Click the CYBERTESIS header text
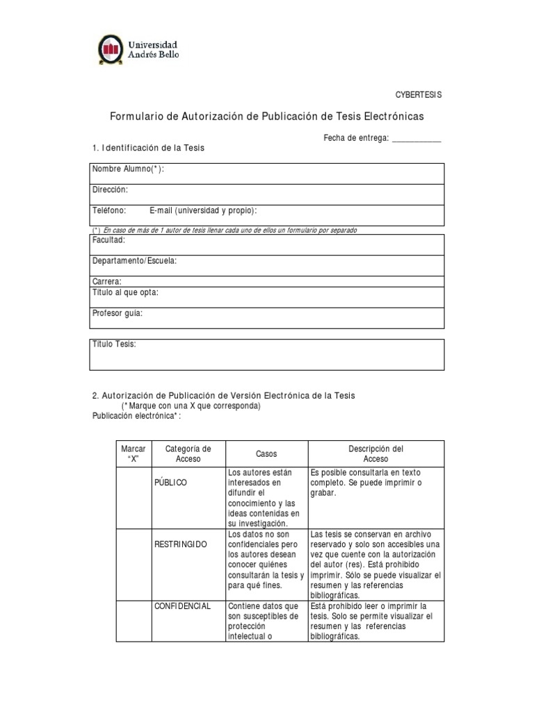tap(419, 94)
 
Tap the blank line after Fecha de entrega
tap(416, 139)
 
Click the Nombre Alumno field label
tap(128, 169)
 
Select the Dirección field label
tap(110, 190)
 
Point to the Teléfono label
tap(108, 210)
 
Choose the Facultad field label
tap(108, 240)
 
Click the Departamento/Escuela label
tap(134, 260)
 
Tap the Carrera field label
tap(107, 281)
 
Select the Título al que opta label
tap(125, 292)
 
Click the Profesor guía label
tap(117, 313)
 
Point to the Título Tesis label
tap(115, 344)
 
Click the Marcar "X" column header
tap(133, 454)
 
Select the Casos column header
tap(266, 454)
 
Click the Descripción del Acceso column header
tap(375, 454)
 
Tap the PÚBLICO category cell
tap(170, 483)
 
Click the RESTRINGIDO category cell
tap(180, 544)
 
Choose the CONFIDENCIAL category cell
tap(182, 606)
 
